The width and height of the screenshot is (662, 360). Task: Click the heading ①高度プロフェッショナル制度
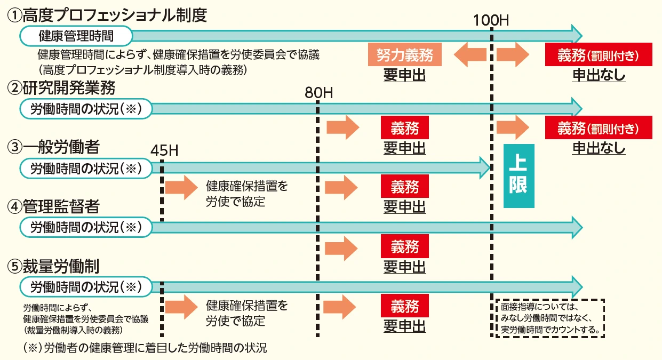point(106,14)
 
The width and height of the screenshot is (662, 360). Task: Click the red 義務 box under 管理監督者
point(405,246)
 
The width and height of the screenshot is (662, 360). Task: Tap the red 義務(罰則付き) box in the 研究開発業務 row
point(598,129)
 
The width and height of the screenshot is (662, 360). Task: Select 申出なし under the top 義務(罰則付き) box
point(599,75)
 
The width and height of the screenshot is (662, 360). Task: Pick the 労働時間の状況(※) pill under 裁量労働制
point(86,287)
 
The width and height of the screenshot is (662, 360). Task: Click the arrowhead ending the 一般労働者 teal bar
point(484,168)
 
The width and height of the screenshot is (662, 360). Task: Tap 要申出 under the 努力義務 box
point(405,75)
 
